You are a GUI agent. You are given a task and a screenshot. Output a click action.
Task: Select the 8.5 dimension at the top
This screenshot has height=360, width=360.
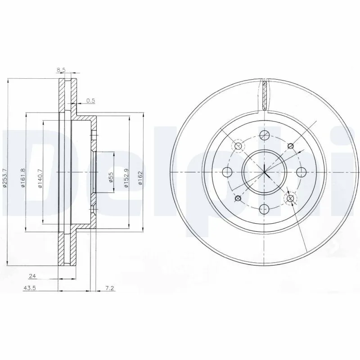click(x=61, y=70)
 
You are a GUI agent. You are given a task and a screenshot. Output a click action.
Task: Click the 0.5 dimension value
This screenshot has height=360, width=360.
click(x=90, y=101)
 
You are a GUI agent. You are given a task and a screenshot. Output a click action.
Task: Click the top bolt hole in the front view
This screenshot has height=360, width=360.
click(x=265, y=134)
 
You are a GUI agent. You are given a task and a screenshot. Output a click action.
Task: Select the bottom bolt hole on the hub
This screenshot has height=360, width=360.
click(x=265, y=208)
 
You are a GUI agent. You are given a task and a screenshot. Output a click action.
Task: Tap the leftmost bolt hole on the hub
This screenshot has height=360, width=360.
click(x=227, y=171)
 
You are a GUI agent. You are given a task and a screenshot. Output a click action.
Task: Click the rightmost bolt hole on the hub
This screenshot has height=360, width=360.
click(x=301, y=171)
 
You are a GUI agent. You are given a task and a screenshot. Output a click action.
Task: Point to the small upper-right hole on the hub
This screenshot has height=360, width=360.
click(x=291, y=145)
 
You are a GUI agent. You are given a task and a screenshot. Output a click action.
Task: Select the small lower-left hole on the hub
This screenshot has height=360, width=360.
click(x=238, y=198)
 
